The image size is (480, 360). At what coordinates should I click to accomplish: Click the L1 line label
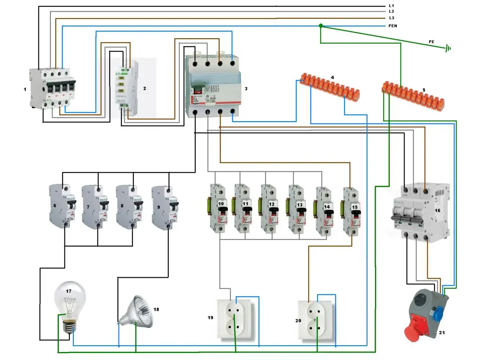pyautogui.click(x=391, y=6)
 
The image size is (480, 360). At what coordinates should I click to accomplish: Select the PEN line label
pyautogui.click(x=392, y=26)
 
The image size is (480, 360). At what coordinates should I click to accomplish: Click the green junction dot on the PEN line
pyautogui.click(x=321, y=26)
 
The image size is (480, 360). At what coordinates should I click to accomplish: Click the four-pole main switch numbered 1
pyautogui.click(x=52, y=89)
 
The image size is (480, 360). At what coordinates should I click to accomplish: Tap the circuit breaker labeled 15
pyautogui.click(x=352, y=212)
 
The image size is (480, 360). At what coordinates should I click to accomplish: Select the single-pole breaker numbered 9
pyautogui.click(x=165, y=207)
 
